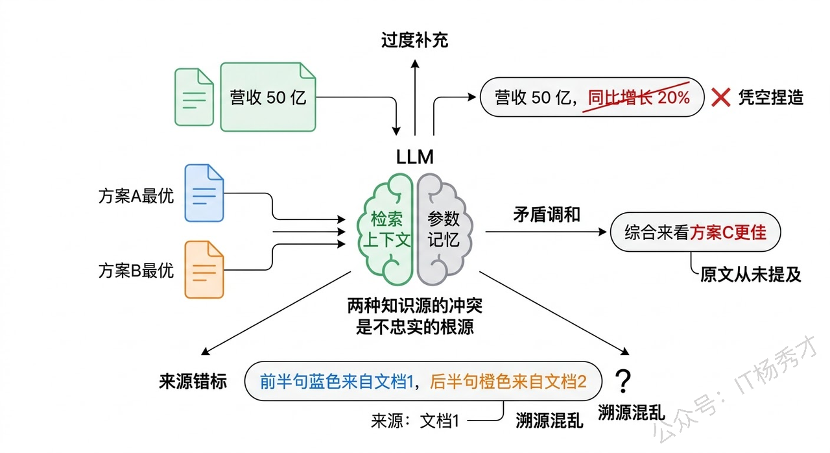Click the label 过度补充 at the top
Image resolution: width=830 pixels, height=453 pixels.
click(x=414, y=41)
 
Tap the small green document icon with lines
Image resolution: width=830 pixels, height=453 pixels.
click(x=194, y=97)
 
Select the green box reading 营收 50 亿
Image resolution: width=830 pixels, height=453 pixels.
click(x=268, y=97)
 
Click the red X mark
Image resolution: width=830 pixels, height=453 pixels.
click(x=721, y=98)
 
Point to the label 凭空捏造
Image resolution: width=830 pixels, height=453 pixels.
click(x=770, y=98)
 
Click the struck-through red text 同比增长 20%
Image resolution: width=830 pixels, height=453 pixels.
click(x=638, y=98)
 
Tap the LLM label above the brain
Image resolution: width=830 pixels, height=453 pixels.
click(x=415, y=156)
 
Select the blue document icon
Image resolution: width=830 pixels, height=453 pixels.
click(x=204, y=194)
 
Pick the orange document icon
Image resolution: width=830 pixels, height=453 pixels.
click(x=204, y=269)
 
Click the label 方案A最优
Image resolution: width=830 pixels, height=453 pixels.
click(x=136, y=196)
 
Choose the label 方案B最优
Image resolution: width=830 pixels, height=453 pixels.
click(x=136, y=270)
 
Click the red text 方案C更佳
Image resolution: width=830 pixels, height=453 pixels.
click(x=728, y=233)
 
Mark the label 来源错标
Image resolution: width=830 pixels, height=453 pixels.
click(x=193, y=382)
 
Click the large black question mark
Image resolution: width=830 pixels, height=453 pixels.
click(x=622, y=382)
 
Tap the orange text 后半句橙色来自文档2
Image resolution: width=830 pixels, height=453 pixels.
click(x=508, y=382)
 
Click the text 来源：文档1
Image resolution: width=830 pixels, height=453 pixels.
click(x=415, y=421)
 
